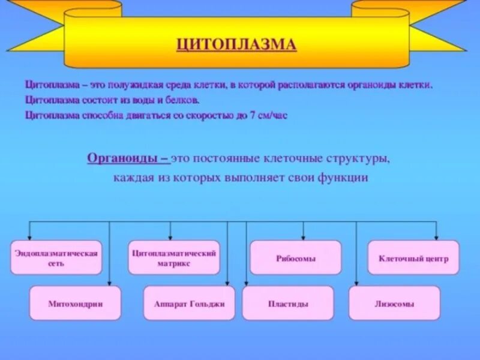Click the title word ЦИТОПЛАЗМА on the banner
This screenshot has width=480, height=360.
[236, 44]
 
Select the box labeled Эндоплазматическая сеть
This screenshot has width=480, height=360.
[56, 258]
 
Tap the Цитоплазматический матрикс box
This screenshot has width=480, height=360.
[174, 258]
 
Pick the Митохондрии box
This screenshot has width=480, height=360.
[75, 304]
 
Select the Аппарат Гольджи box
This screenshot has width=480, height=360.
[189, 304]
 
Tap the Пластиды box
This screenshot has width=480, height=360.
[288, 304]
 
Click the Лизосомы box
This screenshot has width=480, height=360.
[394, 304]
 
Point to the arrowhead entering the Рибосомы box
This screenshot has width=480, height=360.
[303, 238]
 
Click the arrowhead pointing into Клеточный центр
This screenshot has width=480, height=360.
[436, 238]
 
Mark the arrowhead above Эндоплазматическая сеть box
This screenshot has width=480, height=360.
[31, 238]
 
